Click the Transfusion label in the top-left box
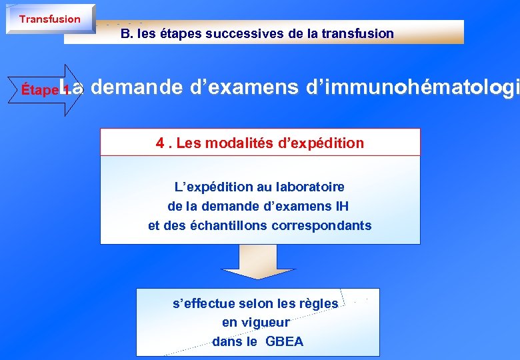49,19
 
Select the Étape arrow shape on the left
47,90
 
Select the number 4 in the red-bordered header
159,143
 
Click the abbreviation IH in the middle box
341,207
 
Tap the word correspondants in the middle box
323,225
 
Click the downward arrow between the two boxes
258,263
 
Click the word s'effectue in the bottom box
203,303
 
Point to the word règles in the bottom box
317,303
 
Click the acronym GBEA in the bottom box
284,342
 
